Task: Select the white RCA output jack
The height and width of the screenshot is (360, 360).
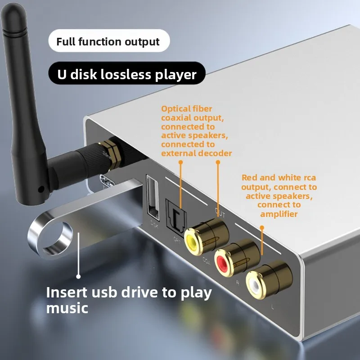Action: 256,283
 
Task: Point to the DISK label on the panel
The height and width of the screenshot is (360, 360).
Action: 154,221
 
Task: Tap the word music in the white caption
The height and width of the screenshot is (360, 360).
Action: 67,308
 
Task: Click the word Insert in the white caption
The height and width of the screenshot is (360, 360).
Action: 67,292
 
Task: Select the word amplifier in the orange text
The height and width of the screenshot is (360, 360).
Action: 279,214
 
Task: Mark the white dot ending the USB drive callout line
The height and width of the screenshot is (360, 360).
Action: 78,277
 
